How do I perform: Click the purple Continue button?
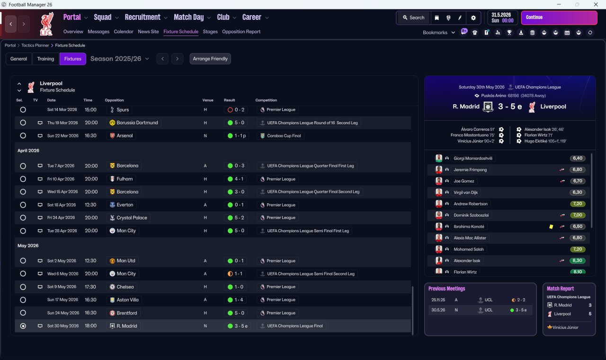pyautogui.click(x=559, y=18)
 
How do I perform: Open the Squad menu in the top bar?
pyautogui.click(x=103, y=18)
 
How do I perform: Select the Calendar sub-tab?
pyautogui.click(x=124, y=32)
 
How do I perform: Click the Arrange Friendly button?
pyautogui.click(x=210, y=59)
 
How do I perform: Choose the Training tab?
pyautogui.click(x=45, y=59)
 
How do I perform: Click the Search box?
pyautogui.click(x=413, y=18)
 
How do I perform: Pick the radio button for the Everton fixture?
pyautogui.click(x=23, y=205)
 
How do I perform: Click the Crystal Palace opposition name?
pyautogui.click(x=132, y=218)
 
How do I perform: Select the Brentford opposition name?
pyautogui.click(x=126, y=313)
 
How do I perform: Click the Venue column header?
pyautogui.click(x=208, y=100)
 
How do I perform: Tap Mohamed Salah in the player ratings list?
pyautogui.click(x=470, y=249)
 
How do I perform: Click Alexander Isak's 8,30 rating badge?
pyautogui.click(x=578, y=261)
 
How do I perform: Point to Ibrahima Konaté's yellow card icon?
pyautogui.click(x=551, y=226)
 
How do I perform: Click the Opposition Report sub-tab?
pyautogui.click(x=241, y=32)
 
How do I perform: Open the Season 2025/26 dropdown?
pyautogui.click(x=120, y=59)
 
